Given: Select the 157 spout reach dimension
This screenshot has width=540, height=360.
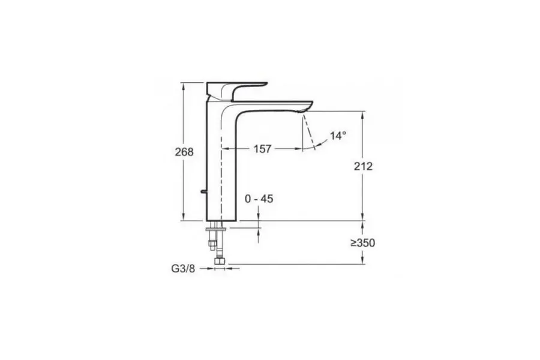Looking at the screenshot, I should (x=262, y=148).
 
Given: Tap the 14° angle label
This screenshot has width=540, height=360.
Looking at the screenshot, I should (x=338, y=136).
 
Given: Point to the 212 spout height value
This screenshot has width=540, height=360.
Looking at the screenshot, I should (x=363, y=166).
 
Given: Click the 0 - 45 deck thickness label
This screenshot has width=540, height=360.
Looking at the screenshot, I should (x=259, y=199).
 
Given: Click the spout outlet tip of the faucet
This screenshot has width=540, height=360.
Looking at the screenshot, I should (x=306, y=108).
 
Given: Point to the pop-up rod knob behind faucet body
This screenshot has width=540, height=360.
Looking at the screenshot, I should (x=202, y=192).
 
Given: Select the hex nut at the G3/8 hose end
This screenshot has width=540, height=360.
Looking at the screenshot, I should (x=220, y=264).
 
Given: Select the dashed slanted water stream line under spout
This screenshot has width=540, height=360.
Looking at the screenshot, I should (x=308, y=131).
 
